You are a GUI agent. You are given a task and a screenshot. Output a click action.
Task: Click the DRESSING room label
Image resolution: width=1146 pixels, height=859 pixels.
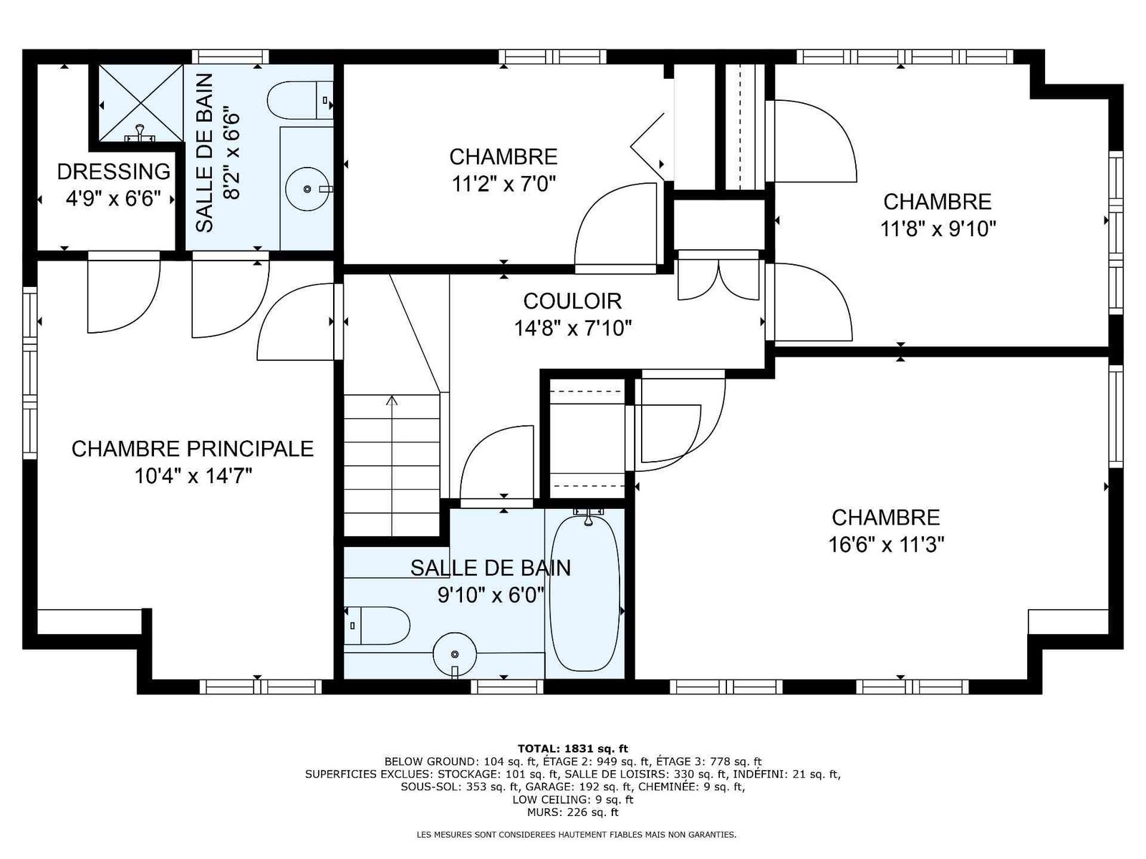coord(114,172)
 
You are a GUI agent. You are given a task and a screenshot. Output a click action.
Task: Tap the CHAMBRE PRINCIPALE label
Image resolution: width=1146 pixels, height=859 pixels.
coord(193,449)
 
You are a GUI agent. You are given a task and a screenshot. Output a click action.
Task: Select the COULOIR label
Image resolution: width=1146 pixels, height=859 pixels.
coord(573,301)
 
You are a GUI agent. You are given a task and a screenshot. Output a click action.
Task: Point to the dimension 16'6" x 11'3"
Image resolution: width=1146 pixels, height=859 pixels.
coord(887,545)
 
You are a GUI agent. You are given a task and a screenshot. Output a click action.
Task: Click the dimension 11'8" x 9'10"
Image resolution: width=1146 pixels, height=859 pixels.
coord(938,229)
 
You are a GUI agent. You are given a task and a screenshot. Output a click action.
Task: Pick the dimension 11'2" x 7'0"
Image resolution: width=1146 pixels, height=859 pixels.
coord(504,184)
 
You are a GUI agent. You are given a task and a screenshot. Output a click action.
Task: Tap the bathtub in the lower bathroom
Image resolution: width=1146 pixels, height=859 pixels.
coord(585,593)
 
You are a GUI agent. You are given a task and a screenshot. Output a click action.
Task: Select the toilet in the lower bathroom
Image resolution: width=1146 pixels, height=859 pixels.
coord(377,626)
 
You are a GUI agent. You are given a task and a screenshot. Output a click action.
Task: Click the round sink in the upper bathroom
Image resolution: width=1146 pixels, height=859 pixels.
coord(307,188)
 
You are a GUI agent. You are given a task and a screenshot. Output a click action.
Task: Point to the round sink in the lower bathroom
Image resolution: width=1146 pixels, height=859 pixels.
coord(455,654)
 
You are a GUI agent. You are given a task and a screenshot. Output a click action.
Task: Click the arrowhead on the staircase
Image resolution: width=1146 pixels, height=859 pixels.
coord(392,400)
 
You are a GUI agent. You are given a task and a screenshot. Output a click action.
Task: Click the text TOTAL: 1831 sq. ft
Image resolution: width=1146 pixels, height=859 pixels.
coord(573,749)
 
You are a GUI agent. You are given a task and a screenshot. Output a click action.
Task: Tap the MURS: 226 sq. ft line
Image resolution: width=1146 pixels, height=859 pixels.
coord(573,812)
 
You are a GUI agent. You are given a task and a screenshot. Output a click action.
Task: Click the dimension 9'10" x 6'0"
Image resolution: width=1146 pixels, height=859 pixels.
coord(491,595)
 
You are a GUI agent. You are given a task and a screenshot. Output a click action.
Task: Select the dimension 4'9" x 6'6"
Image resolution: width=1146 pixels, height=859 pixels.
coord(113,199)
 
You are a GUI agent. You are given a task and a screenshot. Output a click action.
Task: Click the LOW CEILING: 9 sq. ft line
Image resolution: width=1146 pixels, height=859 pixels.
coord(573,800)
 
